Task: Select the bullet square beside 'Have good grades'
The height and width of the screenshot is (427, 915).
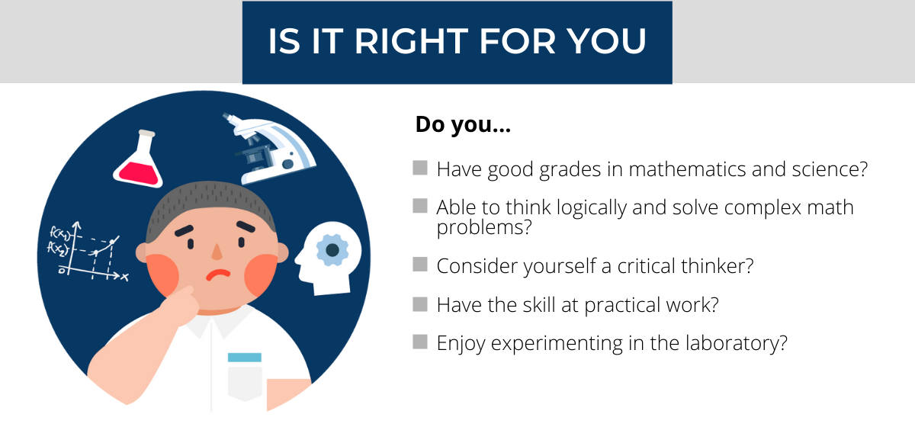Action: [x=419, y=168]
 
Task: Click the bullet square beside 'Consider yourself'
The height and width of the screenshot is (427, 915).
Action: [x=419, y=265]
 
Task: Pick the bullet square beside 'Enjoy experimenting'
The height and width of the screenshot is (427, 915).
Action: [x=419, y=342]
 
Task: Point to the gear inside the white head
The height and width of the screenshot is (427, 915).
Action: [x=332, y=249]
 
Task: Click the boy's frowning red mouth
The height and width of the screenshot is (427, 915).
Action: [x=217, y=274]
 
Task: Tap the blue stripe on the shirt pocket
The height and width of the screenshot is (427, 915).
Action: [x=244, y=357]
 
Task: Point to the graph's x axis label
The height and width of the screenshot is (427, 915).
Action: [x=124, y=277]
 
